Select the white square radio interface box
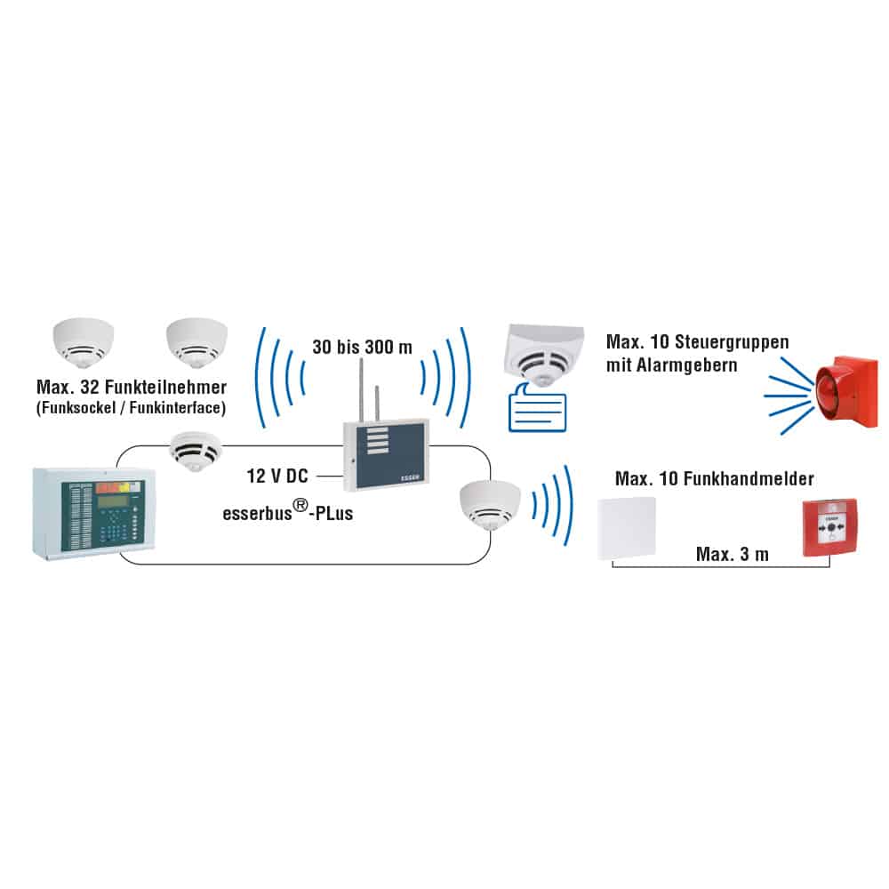(x=625, y=527)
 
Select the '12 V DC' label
(x=277, y=477)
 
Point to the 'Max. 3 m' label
(x=732, y=555)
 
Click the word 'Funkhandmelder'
(x=760, y=479)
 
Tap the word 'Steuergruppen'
(x=730, y=342)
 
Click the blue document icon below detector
(x=536, y=412)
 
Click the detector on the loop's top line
(x=195, y=450)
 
